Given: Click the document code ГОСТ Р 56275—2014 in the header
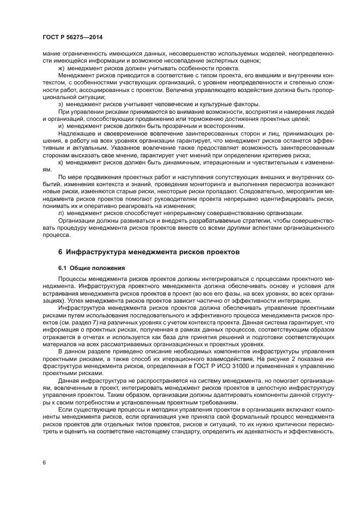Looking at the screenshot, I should coord(72,37).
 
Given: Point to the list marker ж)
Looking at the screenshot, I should coord(62,68).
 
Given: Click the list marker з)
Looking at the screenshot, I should coord(61,104).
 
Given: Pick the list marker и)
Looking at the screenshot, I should coord(61,126).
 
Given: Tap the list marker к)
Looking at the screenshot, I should coord(61,162).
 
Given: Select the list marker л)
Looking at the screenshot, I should coord(61,212).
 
